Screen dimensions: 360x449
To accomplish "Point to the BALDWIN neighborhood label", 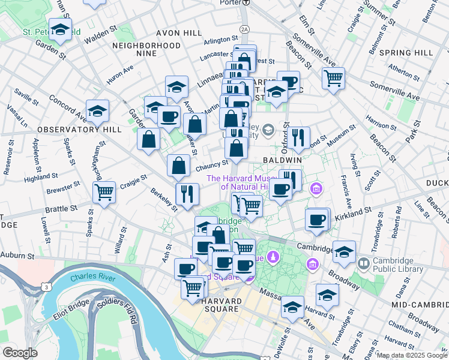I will (282, 161).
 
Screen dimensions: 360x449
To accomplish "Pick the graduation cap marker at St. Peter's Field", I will (60, 28).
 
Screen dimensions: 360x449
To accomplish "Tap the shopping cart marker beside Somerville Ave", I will (333, 77).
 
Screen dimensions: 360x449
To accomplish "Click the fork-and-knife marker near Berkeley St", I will (187, 193).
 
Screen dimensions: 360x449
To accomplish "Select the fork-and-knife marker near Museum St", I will (298, 137).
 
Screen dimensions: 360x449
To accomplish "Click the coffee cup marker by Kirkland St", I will (316, 219).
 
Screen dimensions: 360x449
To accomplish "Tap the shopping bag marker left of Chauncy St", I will (179, 166).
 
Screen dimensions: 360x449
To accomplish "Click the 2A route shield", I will (244, 29).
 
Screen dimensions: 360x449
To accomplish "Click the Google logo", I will (19, 353).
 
